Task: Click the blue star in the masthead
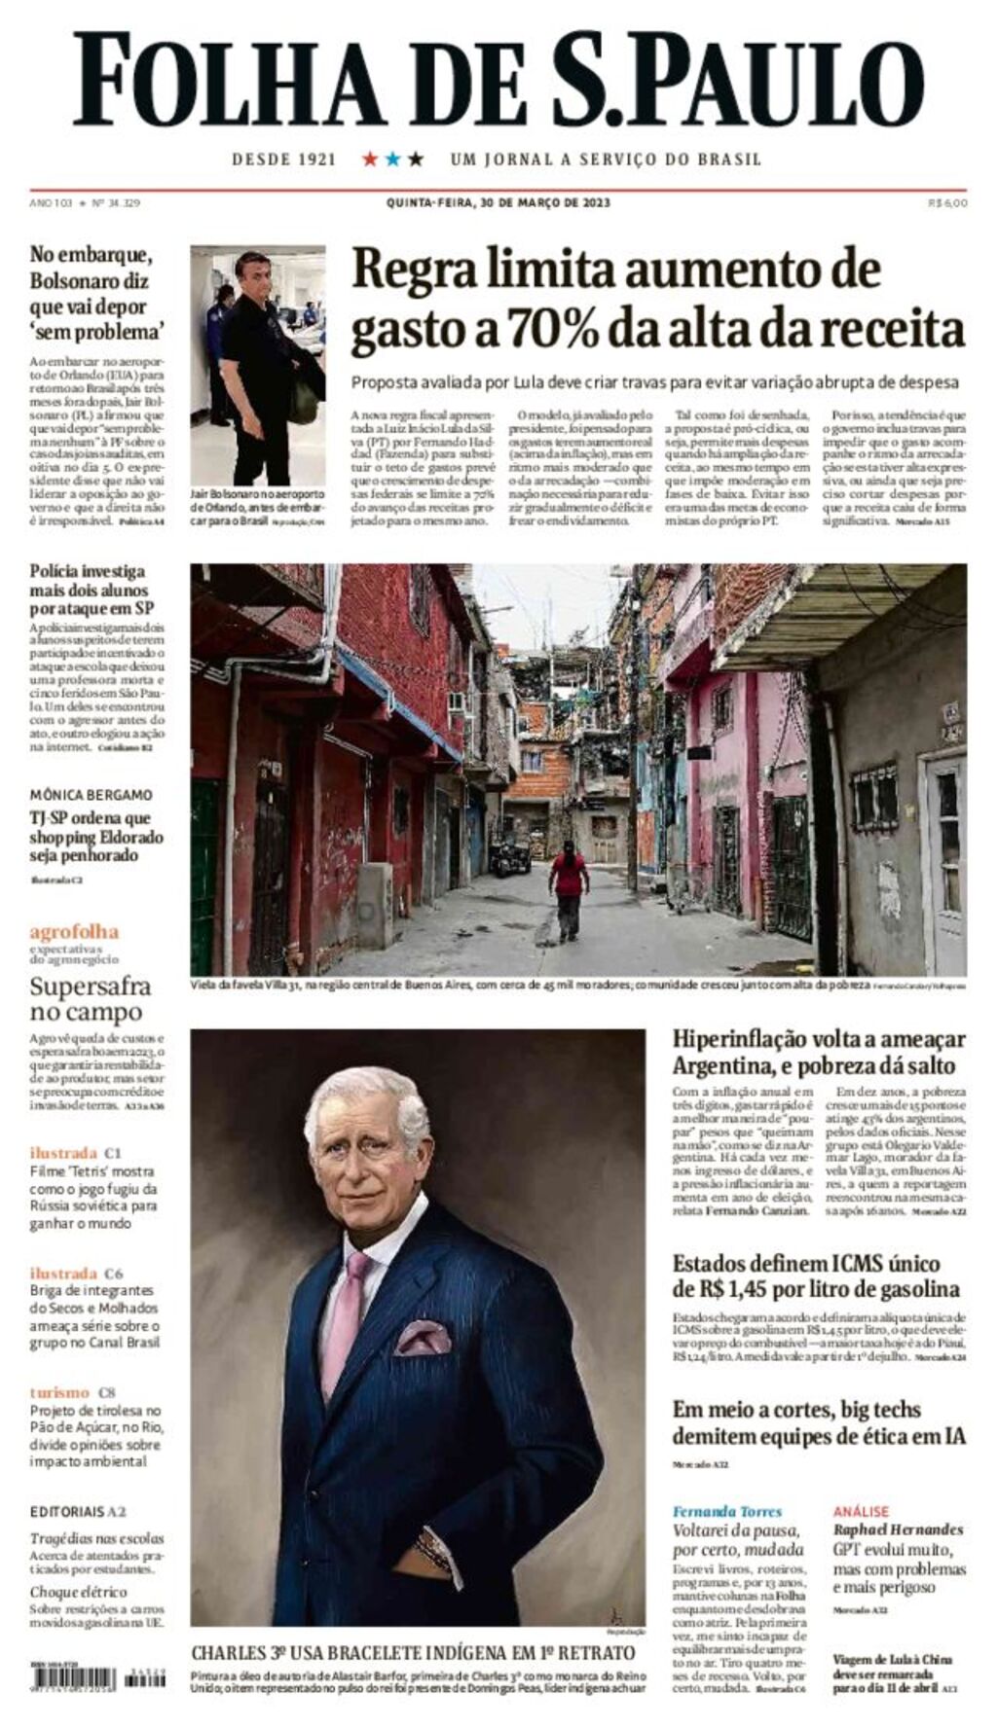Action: click(x=392, y=159)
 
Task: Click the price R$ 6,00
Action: click(x=947, y=203)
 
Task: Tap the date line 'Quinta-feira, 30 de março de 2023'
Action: click(x=498, y=203)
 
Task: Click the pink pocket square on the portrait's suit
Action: click(x=423, y=1338)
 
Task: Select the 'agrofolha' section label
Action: click(x=74, y=931)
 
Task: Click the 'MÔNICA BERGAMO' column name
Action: click(x=91, y=794)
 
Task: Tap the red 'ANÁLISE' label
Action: click(x=861, y=1511)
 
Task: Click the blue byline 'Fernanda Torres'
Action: click(x=727, y=1511)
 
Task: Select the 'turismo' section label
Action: click(x=59, y=1392)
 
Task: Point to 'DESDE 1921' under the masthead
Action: click(x=283, y=160)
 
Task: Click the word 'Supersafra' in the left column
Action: click(x=91, y=987)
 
